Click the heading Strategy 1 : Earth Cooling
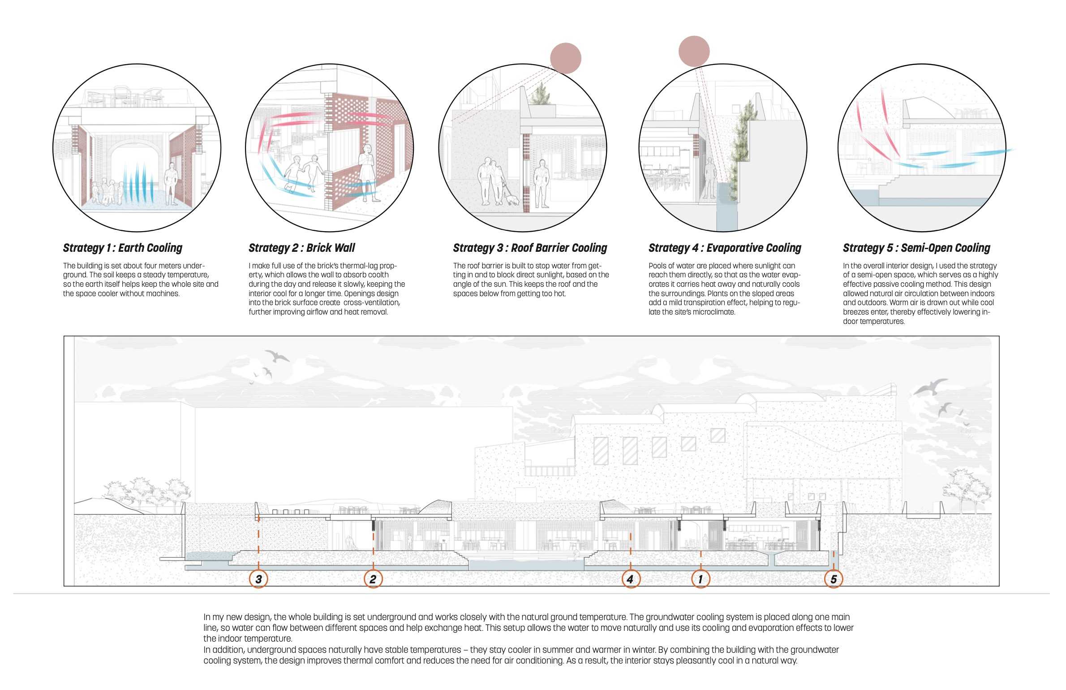(123, 248)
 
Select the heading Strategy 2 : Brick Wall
(301, 248)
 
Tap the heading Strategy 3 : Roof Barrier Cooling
(530, 248)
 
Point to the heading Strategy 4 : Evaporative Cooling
(725, 248)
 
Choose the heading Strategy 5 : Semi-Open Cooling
(916, 248)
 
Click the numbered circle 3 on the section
(258, 579)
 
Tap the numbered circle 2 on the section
(373, 579)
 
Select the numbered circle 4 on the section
(630, 579)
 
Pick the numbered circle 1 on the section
(701, 579)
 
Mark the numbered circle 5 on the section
(833, 579)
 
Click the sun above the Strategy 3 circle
(565, 58)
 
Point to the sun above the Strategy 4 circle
(694, 51)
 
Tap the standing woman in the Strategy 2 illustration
(367, 170)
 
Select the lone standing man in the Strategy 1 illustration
(170, 184)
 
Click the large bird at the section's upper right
(930, 387)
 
